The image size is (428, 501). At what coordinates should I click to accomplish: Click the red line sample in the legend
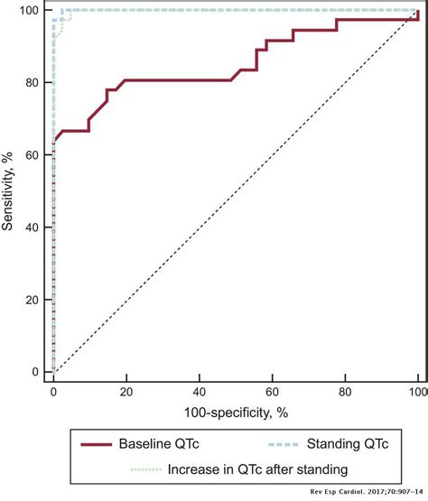click(x=100, y=445)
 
